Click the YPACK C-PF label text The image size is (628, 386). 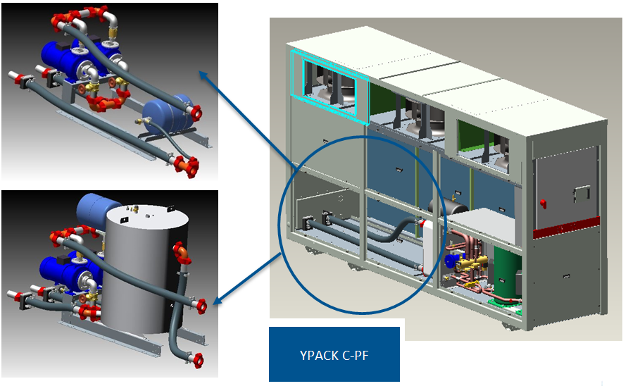click(334, 354)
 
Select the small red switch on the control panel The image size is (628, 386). click(543, 204)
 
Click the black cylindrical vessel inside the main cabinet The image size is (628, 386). click(446, 208)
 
